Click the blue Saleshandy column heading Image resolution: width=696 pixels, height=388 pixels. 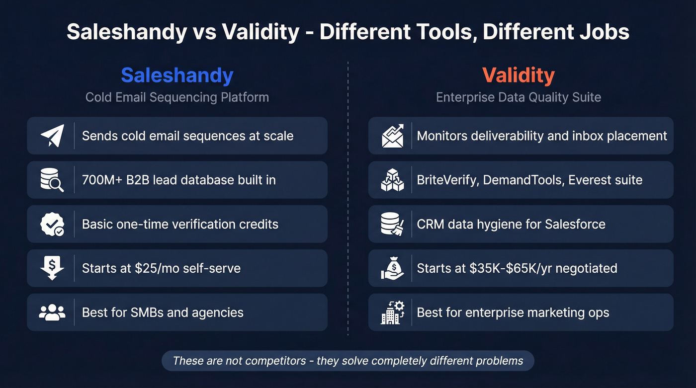[177, 76]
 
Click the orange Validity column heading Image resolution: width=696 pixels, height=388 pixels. [518, 76]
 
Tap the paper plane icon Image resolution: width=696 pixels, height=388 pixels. [52, 136]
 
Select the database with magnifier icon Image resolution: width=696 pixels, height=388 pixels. [52, 180]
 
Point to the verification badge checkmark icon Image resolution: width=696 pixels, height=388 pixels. [52, 224]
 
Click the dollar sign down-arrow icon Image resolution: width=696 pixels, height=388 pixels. [52, 268]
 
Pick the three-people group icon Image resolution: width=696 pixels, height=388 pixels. [52, 312]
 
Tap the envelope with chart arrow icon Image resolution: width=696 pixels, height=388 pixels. [393, 136]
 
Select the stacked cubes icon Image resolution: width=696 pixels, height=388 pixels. [393, 180]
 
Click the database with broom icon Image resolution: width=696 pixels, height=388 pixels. [393, 224]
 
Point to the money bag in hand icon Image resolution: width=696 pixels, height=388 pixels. [393, 268]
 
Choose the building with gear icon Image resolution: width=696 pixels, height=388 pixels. [393, 312]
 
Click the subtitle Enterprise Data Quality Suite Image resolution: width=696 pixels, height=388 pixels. [518, 97]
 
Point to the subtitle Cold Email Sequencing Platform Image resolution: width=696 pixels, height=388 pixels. [177, 97]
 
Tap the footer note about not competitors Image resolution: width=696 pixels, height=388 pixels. [348, 361]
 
